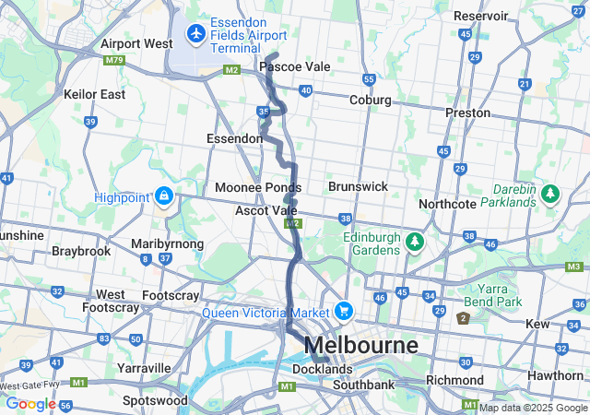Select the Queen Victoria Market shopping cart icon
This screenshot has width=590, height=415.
[344, 311]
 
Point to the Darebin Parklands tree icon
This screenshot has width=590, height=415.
[550, 194]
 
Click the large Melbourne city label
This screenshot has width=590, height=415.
[360, 346]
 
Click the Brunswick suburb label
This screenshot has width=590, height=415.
[358, 186]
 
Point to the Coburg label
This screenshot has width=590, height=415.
[370, 100]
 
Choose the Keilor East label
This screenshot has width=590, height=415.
[94, 94]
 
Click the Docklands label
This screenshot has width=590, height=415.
[322, 369]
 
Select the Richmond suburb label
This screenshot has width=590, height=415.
[454, 380]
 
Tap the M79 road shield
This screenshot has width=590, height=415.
[114, 61]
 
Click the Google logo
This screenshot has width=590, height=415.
[29, 403]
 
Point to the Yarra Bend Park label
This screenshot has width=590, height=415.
[501, 295]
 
